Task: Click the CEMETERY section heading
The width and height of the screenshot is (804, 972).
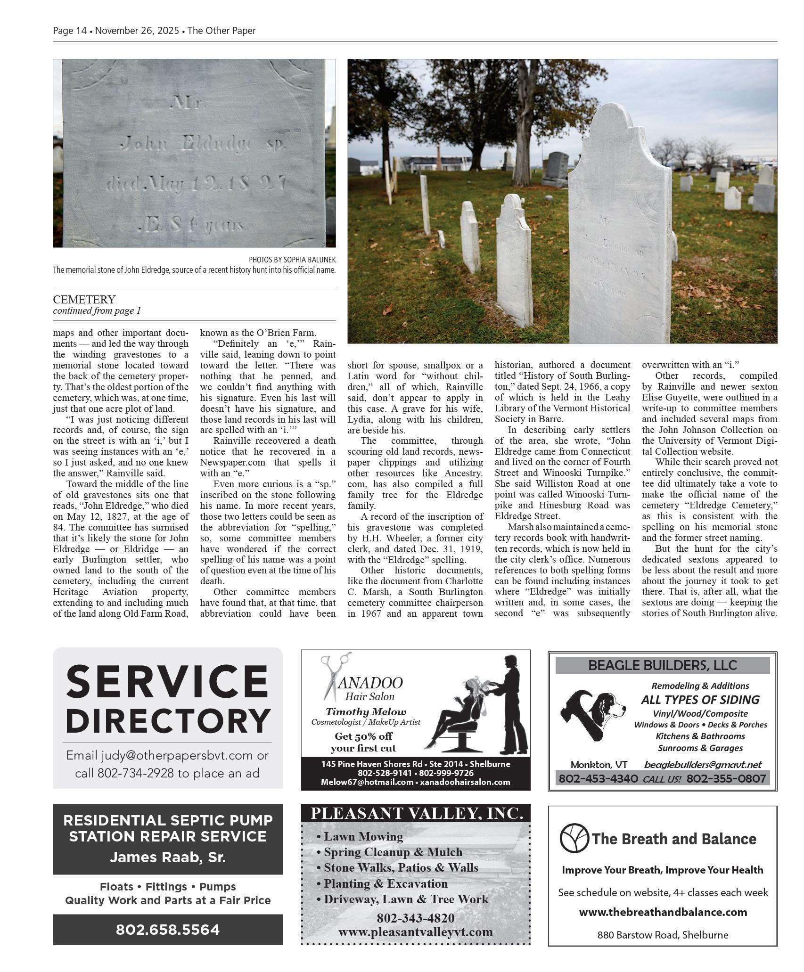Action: [84, 300]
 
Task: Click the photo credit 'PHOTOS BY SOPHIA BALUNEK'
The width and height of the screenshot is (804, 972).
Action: [292, 260]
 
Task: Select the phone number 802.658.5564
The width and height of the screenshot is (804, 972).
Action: [168, 930]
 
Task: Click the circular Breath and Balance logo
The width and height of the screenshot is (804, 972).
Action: [574, 838]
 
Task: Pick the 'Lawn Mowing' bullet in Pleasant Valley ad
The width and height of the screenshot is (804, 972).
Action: [363, 837]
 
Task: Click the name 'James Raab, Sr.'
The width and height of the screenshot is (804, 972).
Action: [168, 857]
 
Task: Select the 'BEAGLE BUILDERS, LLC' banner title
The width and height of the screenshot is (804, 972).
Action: [662, 665]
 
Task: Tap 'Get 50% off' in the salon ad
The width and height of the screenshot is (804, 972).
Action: [363, 736]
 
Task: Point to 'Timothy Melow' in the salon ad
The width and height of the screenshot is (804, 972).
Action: [366, 712]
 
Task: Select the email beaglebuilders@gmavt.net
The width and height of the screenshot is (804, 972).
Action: [703, 764]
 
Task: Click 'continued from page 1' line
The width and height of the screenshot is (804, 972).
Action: [97, 311]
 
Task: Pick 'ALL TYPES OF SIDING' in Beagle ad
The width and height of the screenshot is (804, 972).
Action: [700, 700]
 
